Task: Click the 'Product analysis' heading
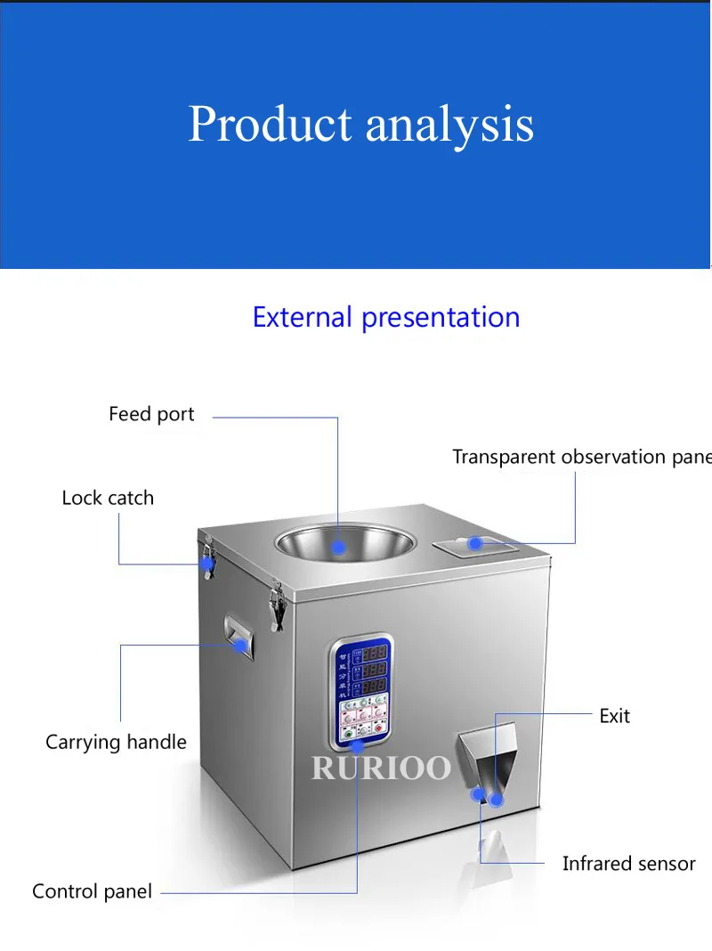(360, 124)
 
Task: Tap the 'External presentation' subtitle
(385, 317)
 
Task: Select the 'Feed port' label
(151, 414)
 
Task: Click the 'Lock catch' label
(108, 498)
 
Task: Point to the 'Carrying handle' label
(116, 742)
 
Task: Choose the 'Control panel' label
(92, 891)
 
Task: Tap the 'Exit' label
(614, 716)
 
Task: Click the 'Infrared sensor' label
(628, 864)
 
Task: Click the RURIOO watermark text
(381, 767)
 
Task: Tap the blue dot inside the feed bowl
(339, 548)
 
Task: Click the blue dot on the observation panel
(475, 542)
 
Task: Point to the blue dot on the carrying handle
(240, 645)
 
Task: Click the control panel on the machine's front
(360, 690)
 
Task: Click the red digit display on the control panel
(374, 668)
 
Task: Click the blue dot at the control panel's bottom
(357, 746)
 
